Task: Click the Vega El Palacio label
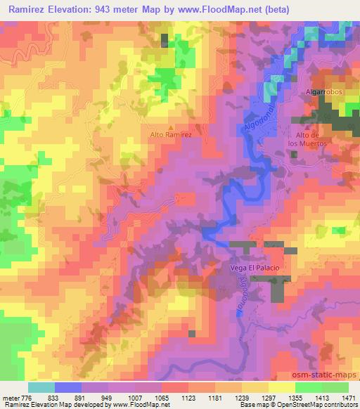(x=254, y=268)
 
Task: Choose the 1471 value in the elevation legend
(x=349, y=397)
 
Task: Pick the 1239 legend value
(x=232, y=397)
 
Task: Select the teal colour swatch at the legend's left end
(x=41, y=387)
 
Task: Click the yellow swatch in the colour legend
(x=281, y=387)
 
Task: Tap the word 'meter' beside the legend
(x=12, y=397)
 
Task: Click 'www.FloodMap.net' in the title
(x=199, y=7)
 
